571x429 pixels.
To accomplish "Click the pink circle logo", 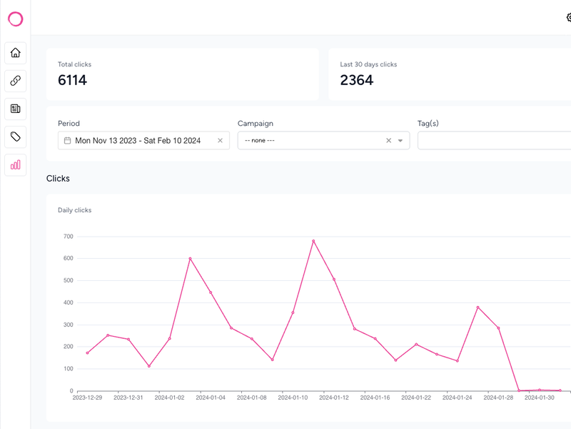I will click(15, 19).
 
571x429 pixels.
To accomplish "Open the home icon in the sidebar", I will click(15, 53).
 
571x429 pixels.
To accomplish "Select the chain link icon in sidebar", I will click(15, 81).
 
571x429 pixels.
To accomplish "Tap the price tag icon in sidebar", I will click(15, 137).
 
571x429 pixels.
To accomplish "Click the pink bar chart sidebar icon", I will click(15, 164).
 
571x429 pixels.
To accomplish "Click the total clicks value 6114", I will click(72, 80).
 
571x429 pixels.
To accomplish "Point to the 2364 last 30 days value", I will click(356, 80).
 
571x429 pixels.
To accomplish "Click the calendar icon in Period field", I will click(67, 141).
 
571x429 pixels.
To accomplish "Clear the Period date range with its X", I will click(220, 141).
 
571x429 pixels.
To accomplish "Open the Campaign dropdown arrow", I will click(400, 141).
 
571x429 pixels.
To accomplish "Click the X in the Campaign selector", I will click(388, 141).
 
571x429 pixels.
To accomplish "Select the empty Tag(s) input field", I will click(492, 141).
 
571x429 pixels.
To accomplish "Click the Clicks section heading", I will click(58, 178).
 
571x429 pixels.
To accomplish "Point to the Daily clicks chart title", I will click(74, 210).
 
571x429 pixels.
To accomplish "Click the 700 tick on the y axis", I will click(68, 236).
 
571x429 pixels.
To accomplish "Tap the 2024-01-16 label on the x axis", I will click(375, 398).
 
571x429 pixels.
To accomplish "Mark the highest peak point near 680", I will click(313, 241).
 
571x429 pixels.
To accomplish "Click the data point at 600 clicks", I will click(190, 258).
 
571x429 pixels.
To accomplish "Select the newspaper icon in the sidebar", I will click(15, 109).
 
